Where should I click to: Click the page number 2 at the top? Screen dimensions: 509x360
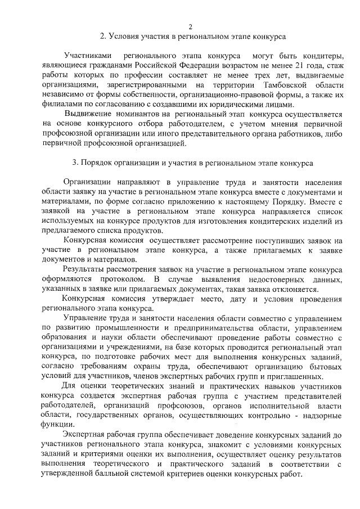(190, 26)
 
